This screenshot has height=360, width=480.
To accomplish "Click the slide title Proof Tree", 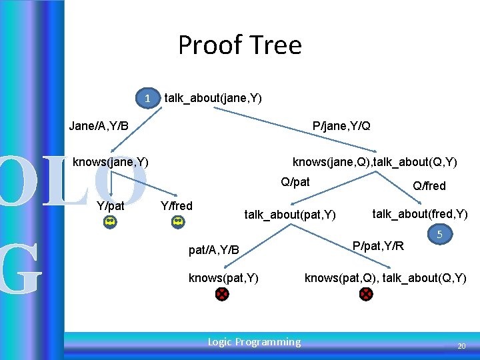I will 239,45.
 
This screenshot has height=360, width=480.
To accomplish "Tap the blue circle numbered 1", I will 148,98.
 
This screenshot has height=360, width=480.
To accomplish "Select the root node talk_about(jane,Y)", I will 213,98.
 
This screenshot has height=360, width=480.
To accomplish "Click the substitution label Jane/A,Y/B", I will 99,126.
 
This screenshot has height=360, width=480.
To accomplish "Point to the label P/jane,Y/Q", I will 341,126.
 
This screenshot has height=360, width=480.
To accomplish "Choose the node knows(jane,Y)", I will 110,162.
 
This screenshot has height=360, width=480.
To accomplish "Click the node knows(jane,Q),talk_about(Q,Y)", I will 375,162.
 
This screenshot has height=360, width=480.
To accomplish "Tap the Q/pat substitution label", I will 295,182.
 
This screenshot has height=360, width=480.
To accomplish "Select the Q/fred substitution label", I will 429,186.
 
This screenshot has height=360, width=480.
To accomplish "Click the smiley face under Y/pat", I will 111,222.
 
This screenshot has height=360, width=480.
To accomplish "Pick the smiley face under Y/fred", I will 178,222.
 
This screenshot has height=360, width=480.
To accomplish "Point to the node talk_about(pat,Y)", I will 290,215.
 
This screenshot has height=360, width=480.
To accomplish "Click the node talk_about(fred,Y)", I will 419,214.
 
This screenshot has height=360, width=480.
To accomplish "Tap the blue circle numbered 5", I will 439,235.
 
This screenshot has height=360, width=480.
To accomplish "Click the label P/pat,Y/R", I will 378,246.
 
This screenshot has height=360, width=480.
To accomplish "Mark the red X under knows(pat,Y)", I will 222,294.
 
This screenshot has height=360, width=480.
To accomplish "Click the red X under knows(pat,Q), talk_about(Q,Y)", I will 366,294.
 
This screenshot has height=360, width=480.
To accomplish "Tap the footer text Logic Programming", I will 254,342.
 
